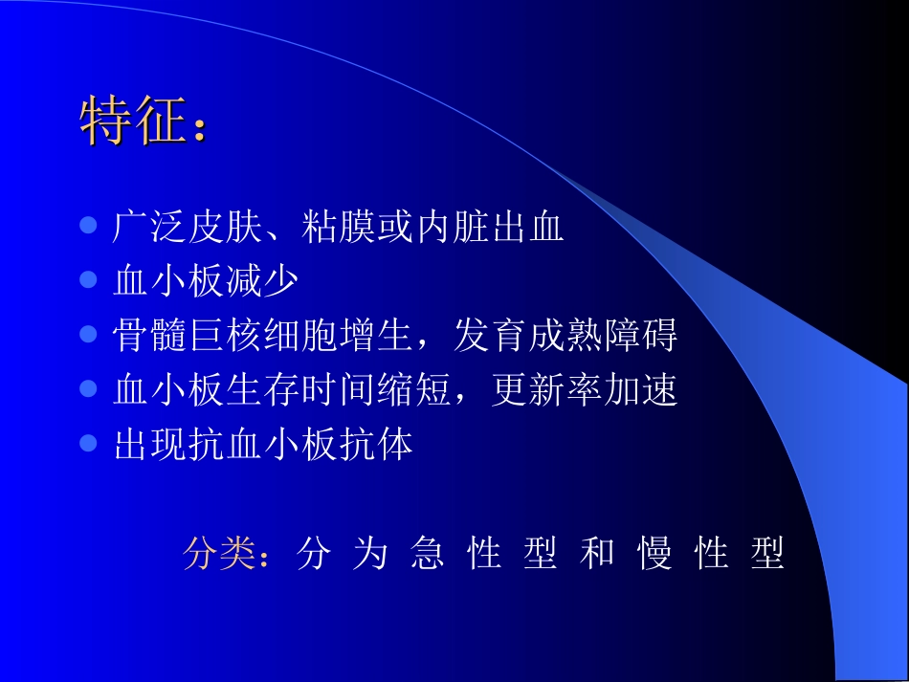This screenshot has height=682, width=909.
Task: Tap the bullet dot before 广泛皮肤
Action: pyautogui.click(x=88, y=228)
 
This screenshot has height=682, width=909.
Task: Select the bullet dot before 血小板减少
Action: pyautogui.click(x=88, y=281)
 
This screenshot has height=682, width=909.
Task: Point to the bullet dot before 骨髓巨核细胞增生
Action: pyautogui.click(x=88, y=335)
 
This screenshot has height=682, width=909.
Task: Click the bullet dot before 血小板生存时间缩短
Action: pyautogui.click(x=88, y=389)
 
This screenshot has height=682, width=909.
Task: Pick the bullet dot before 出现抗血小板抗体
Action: pyautogui.click(x=88, y=444)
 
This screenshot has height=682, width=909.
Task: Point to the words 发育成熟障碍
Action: pyautogui.click(x=565, y=336)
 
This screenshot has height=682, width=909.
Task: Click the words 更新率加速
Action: pyautogui.click(x=584, y=390)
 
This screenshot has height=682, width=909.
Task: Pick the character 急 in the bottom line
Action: pyautogui.click(x=427, y=554)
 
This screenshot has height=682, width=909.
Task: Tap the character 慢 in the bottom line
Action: pyautogui.click(x=654, y=554)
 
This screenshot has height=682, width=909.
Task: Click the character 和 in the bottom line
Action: pyautogui.click(x=597, y=554)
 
